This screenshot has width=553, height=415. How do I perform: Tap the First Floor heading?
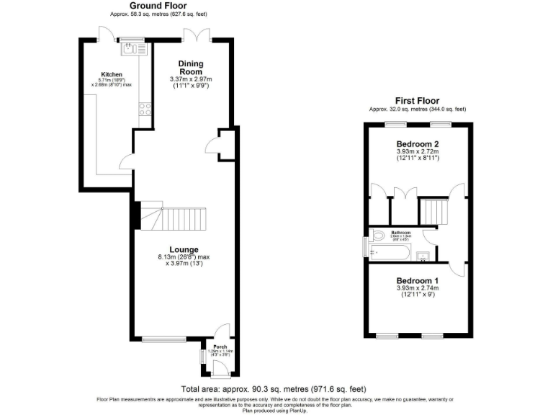pyautogui.click(x=417, y=101)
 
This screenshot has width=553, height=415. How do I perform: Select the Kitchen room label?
pyautogui.click(x=111, y=74)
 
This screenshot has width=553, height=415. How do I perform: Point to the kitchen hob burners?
pyautogui.click(x=144, y=110)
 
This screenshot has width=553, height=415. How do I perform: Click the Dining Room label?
pyautogui.click(x=191, y=67)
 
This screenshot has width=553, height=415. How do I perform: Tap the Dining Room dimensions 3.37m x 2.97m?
pyautogui.click(x=191, y=79)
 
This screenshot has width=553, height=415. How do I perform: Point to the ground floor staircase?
pyautogui.click(x=176, y=215)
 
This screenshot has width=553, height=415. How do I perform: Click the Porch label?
pyautogui.click(x=220, y=346)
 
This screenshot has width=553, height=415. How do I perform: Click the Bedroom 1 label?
pyautogui.click(x=417, y=280)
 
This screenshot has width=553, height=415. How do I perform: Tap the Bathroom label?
pyautogui.click(x=400, y=233)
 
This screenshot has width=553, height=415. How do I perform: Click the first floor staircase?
pyautogui.click(x=433, y=213)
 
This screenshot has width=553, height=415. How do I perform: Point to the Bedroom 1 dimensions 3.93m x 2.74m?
pyautogui.click(x=417, y=289)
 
